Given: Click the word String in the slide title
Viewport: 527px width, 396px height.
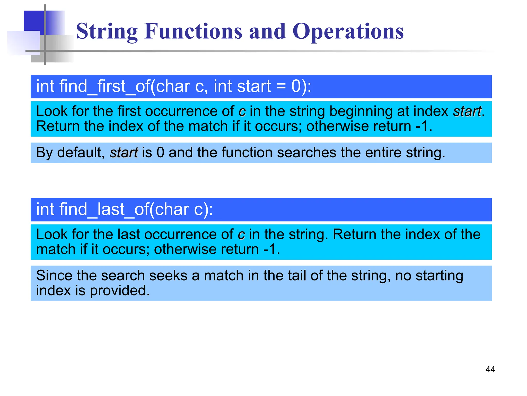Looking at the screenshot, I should click(107, 31).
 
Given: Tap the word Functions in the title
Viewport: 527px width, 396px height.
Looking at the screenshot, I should click(193, 31).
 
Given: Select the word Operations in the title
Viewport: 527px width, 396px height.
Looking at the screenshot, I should click(348, 31).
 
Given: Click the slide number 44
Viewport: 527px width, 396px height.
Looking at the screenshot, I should click(490, 369).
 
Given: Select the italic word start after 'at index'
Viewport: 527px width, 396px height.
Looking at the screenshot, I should click(467, 111).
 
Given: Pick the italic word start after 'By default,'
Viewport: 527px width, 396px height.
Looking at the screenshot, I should click(124, 152).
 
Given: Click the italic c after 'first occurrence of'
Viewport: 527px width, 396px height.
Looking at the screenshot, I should click(242, 112).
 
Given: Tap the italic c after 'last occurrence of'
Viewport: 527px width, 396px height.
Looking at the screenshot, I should click(241, 235).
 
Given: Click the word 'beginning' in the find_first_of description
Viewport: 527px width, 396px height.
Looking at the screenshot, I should click(361, 111).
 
